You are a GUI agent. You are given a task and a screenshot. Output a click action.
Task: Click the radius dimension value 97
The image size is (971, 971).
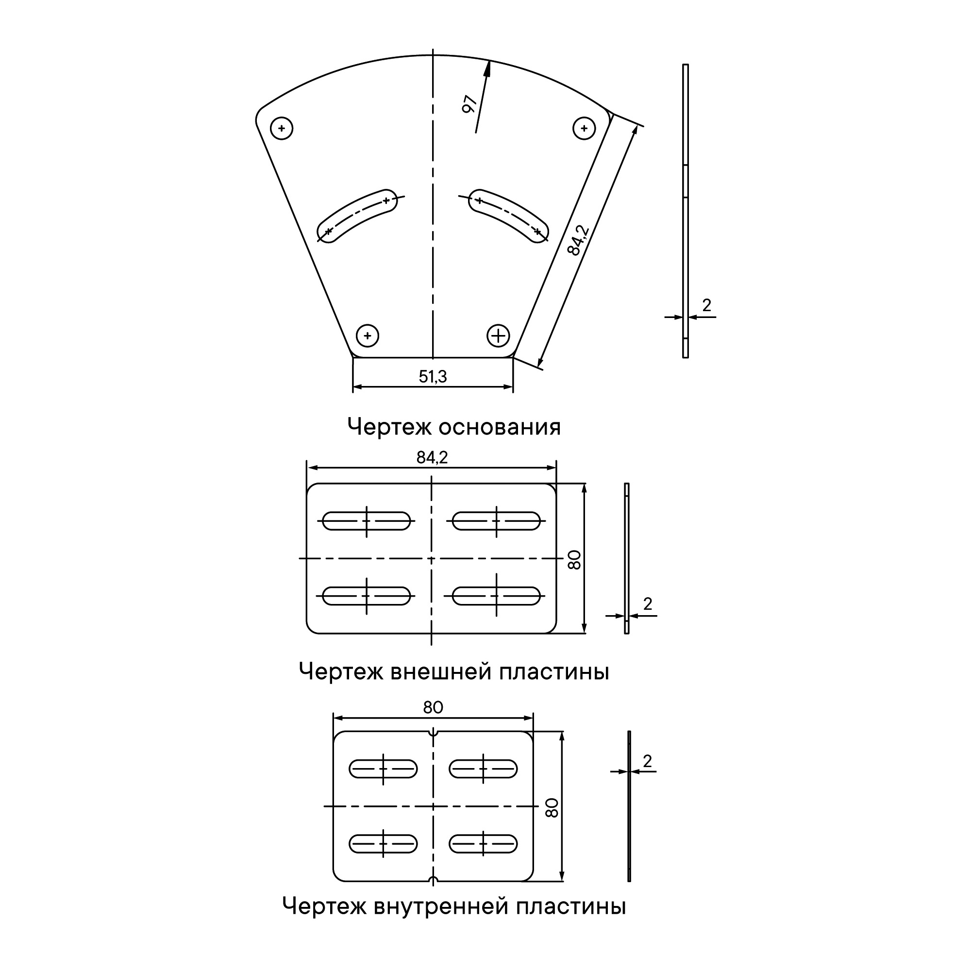point(469,104)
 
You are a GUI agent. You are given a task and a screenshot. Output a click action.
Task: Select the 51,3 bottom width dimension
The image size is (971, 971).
point(433,376)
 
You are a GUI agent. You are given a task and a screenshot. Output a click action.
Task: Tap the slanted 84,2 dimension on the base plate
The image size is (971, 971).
point(579,240)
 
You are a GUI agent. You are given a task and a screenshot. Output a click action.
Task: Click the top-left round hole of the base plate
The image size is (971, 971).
point(282,128)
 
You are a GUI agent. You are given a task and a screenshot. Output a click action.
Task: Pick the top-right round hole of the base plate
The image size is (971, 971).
point(584,128)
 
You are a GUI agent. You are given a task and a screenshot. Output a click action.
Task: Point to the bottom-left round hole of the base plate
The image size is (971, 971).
point(368,335)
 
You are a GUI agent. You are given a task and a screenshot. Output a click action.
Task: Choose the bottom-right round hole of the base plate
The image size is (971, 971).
point(498,335)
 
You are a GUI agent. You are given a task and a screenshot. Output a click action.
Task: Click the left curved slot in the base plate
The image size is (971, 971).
point(357,216)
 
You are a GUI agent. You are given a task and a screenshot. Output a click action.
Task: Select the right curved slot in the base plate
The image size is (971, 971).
point(508,216)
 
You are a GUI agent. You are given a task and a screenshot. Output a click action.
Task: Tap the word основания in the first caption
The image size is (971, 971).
point(500,427)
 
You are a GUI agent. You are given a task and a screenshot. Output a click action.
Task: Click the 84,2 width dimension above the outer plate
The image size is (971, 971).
point(432,457)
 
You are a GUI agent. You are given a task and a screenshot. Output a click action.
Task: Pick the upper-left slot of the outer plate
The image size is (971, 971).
point(367,520)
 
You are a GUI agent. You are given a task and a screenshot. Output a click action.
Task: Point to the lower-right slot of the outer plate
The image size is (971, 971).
point(497,596)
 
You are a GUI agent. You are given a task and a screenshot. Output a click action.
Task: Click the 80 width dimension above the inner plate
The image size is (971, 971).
point(433,708)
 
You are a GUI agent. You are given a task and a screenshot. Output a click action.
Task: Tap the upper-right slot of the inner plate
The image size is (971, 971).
point(483,769)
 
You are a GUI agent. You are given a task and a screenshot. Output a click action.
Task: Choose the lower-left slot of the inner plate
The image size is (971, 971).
point(383,844)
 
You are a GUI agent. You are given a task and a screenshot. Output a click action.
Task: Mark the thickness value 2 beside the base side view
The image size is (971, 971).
point(706,305)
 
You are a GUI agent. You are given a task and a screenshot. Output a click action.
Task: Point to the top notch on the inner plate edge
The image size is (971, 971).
point(433,732)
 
